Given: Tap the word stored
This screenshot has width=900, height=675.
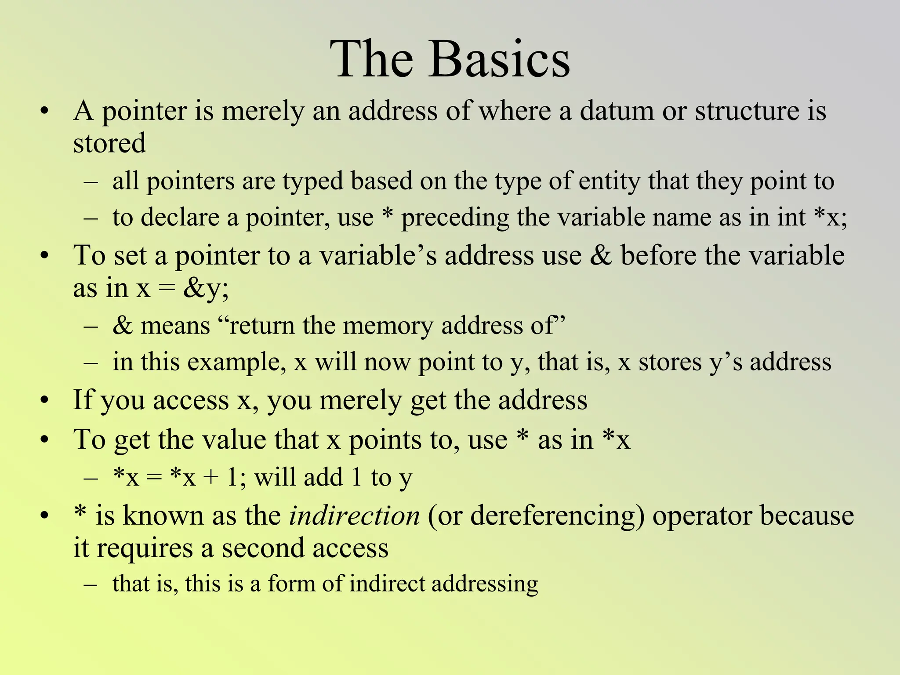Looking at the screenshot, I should tap(109, 143).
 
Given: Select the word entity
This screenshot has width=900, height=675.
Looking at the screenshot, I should tap(609, 181).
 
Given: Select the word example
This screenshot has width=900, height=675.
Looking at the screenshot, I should tap(233, 363).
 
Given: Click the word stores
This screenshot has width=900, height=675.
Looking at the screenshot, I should tap(670, 363).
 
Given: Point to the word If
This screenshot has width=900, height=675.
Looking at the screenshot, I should tap(83, 400).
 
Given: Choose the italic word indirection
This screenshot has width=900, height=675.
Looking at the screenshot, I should tap(354, 515).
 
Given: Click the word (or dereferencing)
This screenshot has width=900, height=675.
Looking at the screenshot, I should tap(536, 515).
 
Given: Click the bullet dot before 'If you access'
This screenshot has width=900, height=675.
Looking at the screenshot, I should tap(44, 400).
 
